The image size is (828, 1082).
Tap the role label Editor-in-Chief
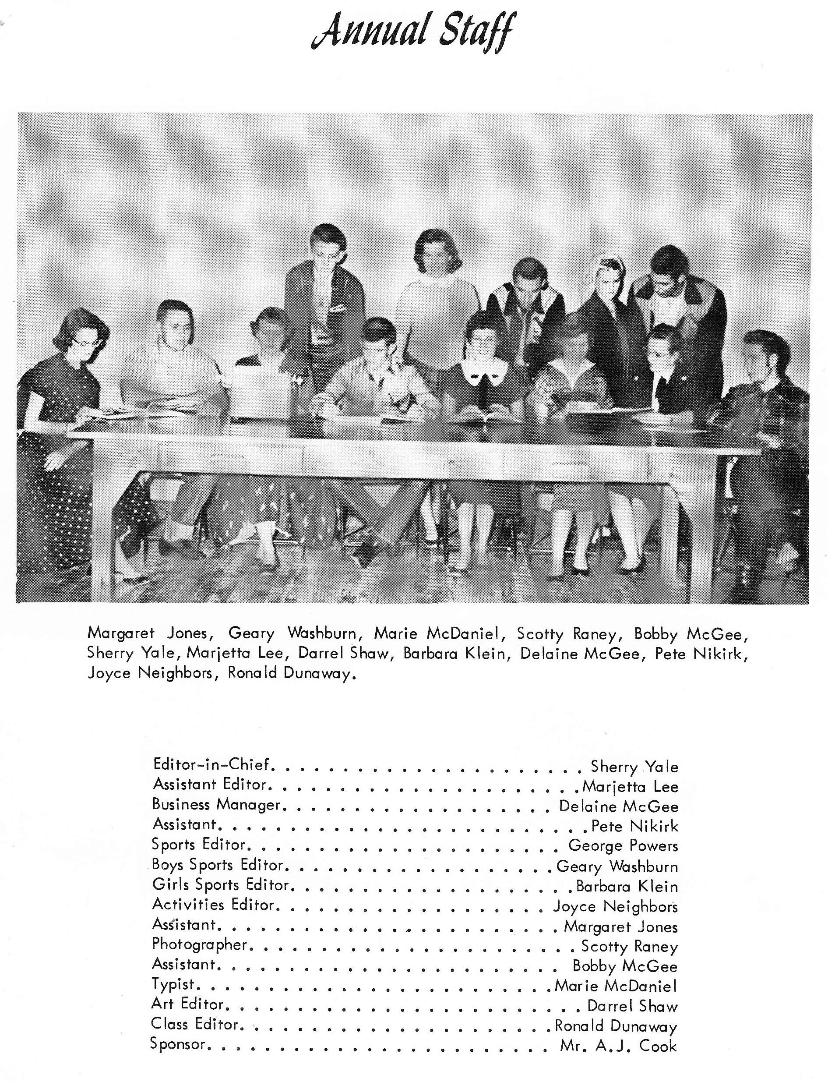[x=211, y=764]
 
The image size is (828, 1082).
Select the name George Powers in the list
[x=623, y=845]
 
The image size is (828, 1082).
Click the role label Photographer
[x=199, y=944]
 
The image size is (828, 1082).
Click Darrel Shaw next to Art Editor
[x=632, y=1006]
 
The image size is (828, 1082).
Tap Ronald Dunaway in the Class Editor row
[x=616, y=1026]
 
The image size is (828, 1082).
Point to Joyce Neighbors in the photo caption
[x=149, y=673]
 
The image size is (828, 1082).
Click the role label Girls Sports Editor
[x=220, y=885]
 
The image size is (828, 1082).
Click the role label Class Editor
[x=195, y=1024]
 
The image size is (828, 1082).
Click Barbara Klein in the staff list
[x=627, y=886]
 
